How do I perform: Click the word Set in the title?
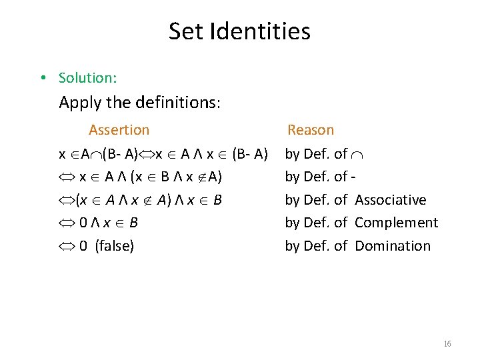point(185,31)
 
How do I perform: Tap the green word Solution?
point(87,78)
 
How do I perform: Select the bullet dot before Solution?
point(42,78)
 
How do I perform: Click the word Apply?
point(79,103)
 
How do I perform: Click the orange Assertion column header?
point(119,130)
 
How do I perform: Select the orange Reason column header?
point(310,130)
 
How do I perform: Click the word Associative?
point(390,199)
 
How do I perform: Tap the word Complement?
point(396,223)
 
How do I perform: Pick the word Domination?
point(393,246)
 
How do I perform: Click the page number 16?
point(447,344)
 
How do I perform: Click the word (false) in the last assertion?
point(115,246)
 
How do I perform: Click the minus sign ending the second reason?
point(353,177)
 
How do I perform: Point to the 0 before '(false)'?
point(83,246)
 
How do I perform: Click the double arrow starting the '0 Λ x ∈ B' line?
point(68,223)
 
